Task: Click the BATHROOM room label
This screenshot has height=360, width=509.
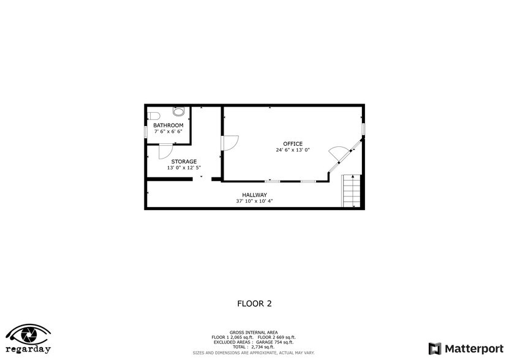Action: (x=168, y=126)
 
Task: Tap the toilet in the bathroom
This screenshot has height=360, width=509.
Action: (x=154, y=114)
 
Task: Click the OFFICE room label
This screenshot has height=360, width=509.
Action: (x=293, y=144)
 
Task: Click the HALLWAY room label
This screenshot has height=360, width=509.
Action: (x=254, y=195)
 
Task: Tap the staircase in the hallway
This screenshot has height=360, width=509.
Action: (x=350, y=190)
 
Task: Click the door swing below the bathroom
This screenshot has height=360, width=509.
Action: (x=166, y=152)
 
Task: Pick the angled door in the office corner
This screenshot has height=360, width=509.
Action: (x=338, y=155)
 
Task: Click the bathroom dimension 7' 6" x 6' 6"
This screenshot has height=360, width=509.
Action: (x=168, y=132)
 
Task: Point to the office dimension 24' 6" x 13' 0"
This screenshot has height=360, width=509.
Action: (x=293, y=150)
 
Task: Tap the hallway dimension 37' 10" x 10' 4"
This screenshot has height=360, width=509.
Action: (x=254, y=201)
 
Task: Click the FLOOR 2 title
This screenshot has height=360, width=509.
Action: (x=254, y=303)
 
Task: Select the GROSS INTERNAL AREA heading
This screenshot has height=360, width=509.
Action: (x=254, y=332)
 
